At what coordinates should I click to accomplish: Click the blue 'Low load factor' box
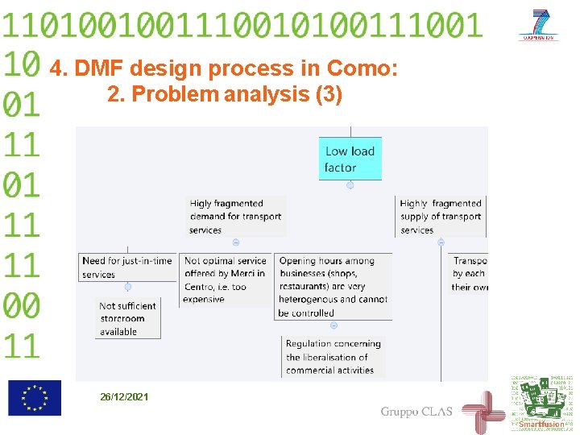(x=350, y=159)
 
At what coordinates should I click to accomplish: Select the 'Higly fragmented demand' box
(x=236, y=216)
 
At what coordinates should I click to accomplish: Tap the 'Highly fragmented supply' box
(x=441, y=216)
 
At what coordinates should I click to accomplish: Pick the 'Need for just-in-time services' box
(x=127, y=267)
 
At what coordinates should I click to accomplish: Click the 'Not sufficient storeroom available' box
(x=127, y=318)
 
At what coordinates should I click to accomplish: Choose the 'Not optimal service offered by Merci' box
(x=226, y=280)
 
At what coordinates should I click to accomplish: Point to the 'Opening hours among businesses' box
(x=333, y=286)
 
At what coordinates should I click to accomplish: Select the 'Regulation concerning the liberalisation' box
(x=333, y=357)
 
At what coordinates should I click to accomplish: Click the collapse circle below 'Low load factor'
(x=350, y=185)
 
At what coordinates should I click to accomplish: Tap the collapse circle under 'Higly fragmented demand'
(x=235, y=242)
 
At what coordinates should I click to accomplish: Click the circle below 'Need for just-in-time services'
(x=127, y=287)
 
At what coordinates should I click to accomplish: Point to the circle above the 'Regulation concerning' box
(x=333, y=325)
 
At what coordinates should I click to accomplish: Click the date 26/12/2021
(x=124, y=397)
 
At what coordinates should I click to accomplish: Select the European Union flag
(x=35, y=397)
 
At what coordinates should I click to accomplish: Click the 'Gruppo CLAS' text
(x=416, y=412)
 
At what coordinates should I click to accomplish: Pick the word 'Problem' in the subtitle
(x=175, y=94)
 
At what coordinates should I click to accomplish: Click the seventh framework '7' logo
(x=539, y=25)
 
